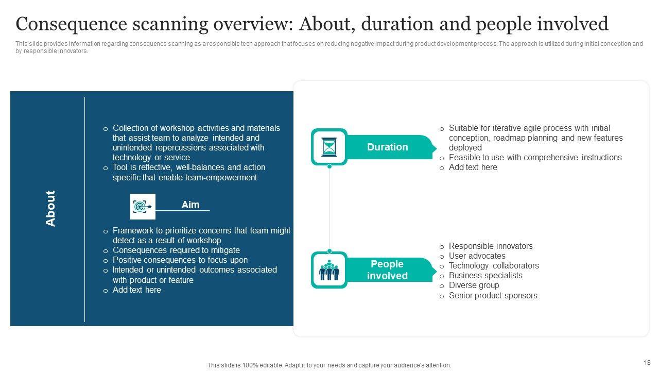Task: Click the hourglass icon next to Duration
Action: pos(329,147)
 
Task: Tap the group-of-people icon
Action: pos(329,269)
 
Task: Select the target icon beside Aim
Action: pos(143,207)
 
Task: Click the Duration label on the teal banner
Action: pos(388,147)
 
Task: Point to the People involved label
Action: pos(387,269)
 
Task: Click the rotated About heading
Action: pos(50,209)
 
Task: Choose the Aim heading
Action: pos(190,205)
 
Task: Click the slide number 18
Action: pos(647,362)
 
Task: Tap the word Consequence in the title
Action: pos(72,24)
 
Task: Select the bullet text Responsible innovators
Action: pos(491,246)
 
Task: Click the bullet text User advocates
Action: pos(477,256)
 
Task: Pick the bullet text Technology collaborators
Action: pos(494,265)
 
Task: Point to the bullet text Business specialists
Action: pos(485,275)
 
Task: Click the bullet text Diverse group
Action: pos(474,285)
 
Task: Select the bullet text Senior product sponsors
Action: pos(493,295)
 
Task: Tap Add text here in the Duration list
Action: pos(473,167)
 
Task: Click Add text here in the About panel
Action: pos(137,290)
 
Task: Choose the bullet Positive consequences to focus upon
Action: pos(180,260)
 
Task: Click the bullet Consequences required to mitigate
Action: pos(176,250)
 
